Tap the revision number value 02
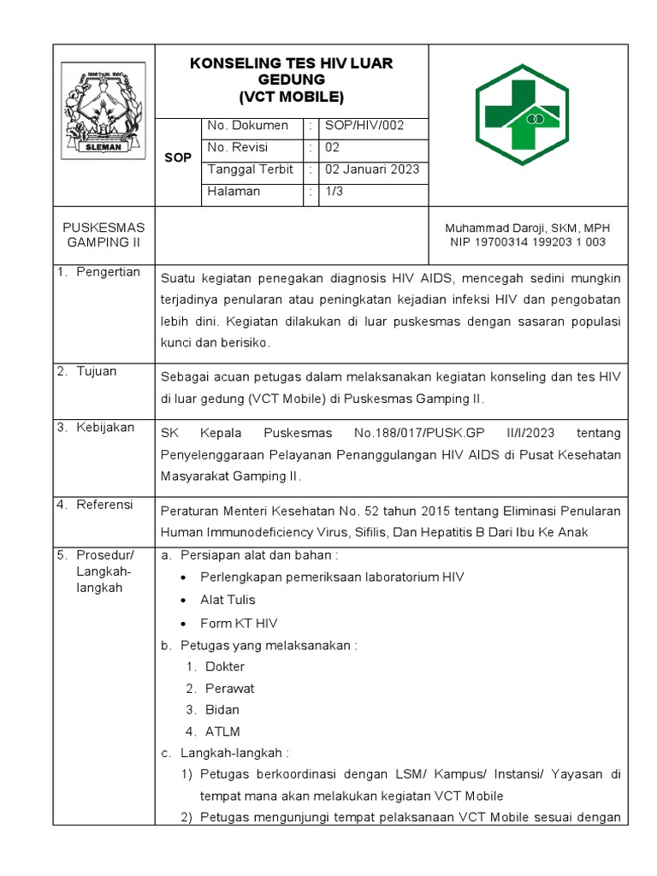(332, 147)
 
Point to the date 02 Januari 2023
(371, 169)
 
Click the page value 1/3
(333, 192)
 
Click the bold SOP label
(178, 158)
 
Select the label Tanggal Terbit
(250, 169)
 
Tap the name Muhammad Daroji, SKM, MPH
(528, 228)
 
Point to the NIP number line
(528, 242)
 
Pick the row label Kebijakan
(105, 427)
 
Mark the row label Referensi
(105, 505)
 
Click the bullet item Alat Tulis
(228, 600)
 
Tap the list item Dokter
(225, 666)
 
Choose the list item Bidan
(222, 709)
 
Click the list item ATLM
(222, 731)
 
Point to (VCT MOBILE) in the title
(291, 96)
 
